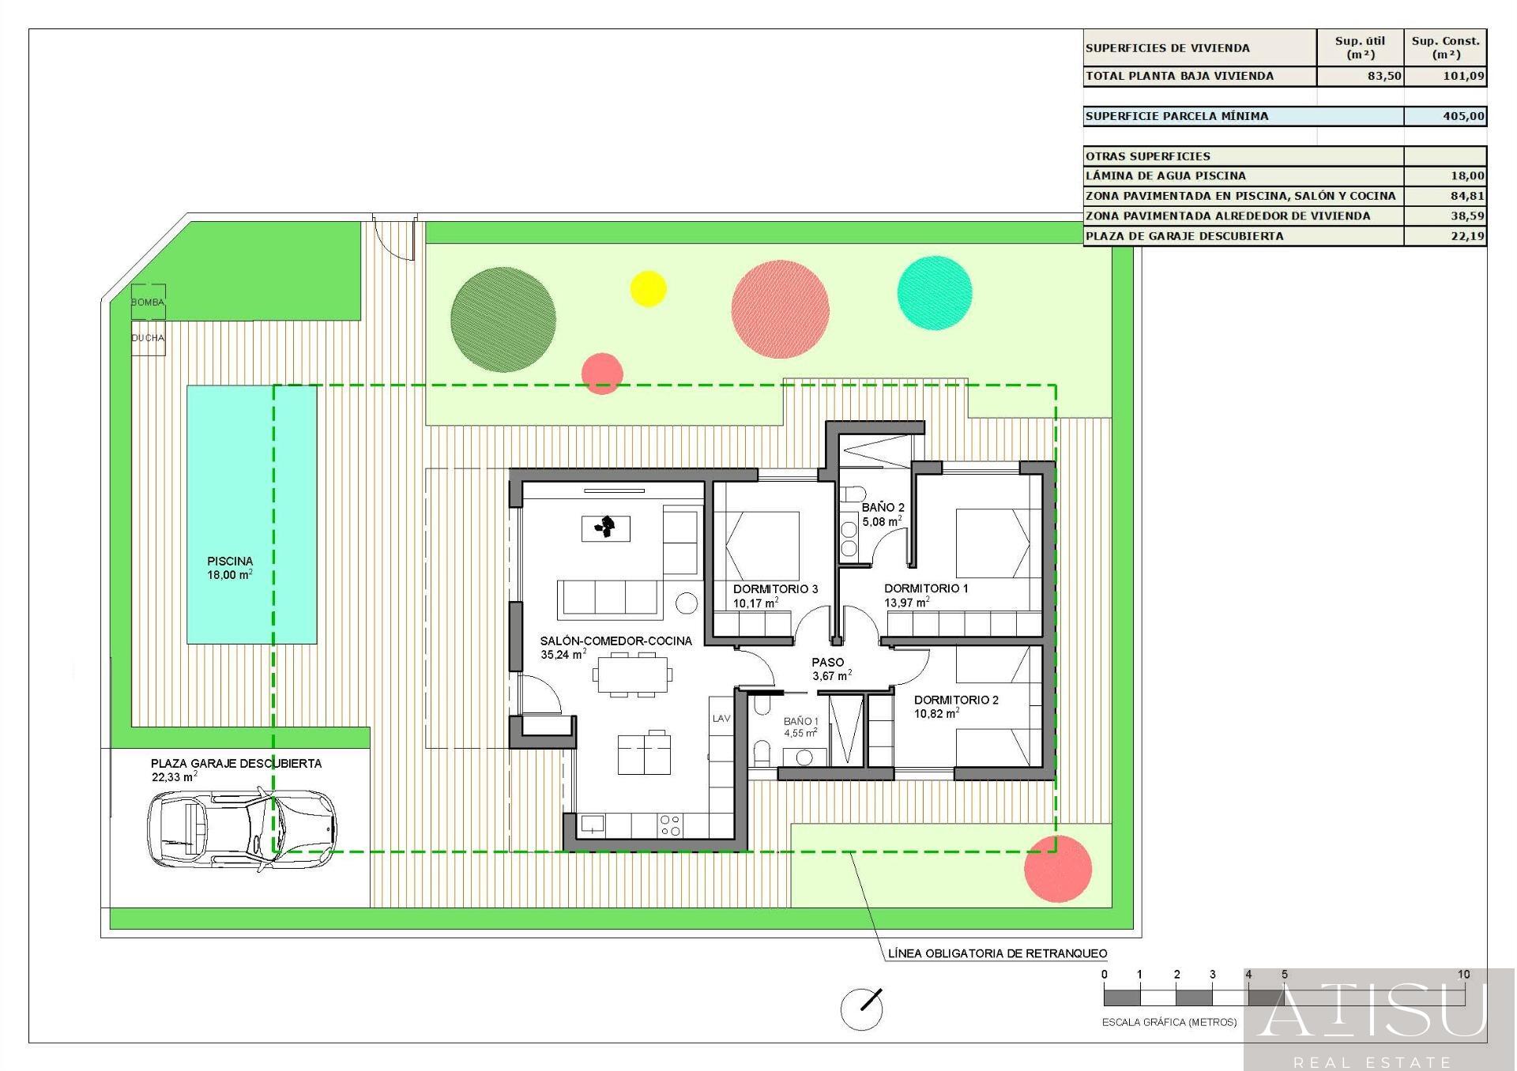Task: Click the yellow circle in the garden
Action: [x=648, y=288]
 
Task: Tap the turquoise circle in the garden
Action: [x=935, y=293]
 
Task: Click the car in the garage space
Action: [x=242, y=829]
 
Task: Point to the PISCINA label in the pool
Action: [x=230, y=562]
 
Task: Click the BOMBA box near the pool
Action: [x=148, y=302]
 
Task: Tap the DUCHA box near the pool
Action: [x=148, y=338]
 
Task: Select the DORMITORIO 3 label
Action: [x=775, y=589]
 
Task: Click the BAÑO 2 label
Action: [x=883, y=508]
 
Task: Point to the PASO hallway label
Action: [x=828, y=663]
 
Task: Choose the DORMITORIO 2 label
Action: [x=956, y=700]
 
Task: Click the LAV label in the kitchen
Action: [x=721, y=719]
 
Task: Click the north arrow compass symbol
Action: [x=861, y=1009]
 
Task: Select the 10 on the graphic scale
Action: [x=1464, y=975]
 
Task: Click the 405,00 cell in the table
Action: [x=1462, y=116]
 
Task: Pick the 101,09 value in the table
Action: [x=1462, y=77]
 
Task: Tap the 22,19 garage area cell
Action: [x=1468, y=236]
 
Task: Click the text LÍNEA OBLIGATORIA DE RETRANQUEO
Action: [x=997, y=953]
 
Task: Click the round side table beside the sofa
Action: [x=687, y=603]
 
